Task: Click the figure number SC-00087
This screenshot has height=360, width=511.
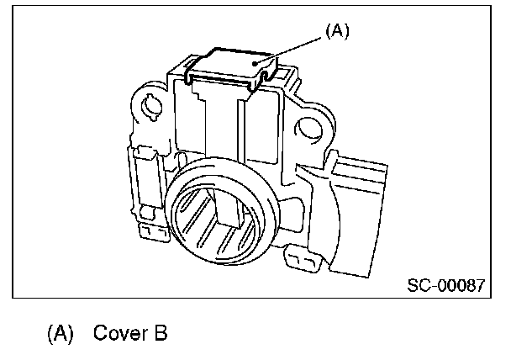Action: pyautogui.click(x=445, y=285)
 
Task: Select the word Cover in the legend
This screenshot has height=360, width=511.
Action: pyautogui.click(x=117, y=333)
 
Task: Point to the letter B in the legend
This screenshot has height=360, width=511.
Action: pyautogui.click(x=160, y=333)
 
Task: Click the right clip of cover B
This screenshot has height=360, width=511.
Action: pyautogui.click(x=266, y=77)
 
